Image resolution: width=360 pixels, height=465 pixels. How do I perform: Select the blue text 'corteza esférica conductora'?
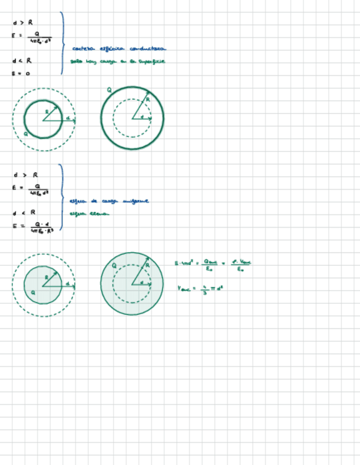coord(119,49)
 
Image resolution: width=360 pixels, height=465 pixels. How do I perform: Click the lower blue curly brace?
coord(62,197)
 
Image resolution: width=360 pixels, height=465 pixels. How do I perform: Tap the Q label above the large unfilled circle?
coord(109,89)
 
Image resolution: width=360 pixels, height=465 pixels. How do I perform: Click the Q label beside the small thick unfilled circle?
coord(26,133)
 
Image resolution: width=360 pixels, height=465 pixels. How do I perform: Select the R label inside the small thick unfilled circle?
coord(47,111)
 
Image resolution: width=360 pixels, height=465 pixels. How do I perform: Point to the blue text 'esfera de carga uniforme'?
coord(109,201)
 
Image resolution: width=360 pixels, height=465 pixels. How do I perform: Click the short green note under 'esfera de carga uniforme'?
coord(88,214)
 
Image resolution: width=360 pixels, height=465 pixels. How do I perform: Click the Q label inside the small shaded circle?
coord(33,293)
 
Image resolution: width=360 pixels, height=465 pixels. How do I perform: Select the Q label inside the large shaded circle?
coord(114,265)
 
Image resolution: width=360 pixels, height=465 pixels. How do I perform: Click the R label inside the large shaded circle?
coord(147,265)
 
